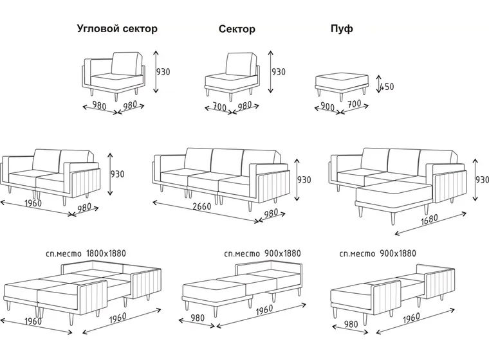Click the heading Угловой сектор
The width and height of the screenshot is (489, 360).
pyautogui.click(x=117, y=29)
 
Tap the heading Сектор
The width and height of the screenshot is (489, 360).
pyautogui.click(x=237, y=29)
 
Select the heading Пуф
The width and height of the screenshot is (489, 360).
pyautogui.click(x=342, y=29)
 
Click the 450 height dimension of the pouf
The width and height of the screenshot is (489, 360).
pyautogui.click(x=387, y=86)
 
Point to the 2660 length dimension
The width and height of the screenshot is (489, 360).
pyautogui.click(x=202, y=206)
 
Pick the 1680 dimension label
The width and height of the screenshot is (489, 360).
pyautogui.click(x=429, y=219)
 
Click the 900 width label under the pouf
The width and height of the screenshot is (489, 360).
pyautogui.click(x=328, y=107)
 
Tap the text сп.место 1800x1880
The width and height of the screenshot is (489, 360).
pyautogui.click(x=86, y=253)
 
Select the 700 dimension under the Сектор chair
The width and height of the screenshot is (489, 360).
pyautogui.click(x=219, y=107)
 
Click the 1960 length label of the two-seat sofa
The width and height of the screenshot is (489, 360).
pyautogui.click(x=33, y=203)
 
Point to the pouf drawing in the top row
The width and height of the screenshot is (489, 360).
pyautogui.click(x=342, y=84)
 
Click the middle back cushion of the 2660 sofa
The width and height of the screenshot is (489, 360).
pyautogui.click(x=227, y=160)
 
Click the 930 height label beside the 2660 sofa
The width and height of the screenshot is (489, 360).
pyautogui.click(x=304, y=180)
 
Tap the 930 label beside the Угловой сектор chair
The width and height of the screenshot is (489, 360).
pyautogui.click(x=163, y=72)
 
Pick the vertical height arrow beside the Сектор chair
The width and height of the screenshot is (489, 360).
pyautogui.click(x=271, y=72)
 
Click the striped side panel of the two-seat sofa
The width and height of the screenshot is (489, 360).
pyautogui.click(x=86, y=183)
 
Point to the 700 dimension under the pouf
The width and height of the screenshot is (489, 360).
pyautogui.click(x=355, y=104)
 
